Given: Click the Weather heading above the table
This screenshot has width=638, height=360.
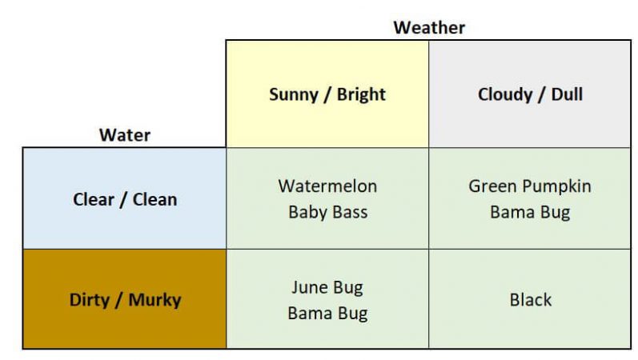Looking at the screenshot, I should (x=429, y=27).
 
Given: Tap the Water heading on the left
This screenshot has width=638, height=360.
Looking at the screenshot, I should (x=124, y=135).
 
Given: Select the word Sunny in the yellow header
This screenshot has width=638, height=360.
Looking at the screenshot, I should (x=292, y=94).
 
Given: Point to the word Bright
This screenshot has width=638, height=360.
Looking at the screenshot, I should (x=361, y=94).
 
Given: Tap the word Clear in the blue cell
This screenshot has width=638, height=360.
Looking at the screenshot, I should (x=94, y=199).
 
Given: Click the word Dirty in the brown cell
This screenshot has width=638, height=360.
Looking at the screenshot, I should (x=90, y=301).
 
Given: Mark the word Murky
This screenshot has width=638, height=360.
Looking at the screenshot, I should (x=154, y=301).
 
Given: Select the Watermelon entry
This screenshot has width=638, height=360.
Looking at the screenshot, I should (x=327, y=186).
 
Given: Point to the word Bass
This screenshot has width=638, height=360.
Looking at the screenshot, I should (x=349, y=214).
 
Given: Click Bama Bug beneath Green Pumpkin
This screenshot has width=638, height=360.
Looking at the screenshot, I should (x=530, y=214).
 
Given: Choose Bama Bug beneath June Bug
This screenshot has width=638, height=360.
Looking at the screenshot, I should (x=327, y=314).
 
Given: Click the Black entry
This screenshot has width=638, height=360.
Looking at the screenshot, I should (x=530, y=300).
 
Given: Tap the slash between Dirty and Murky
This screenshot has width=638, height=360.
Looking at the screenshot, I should (x=118, y=301).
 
